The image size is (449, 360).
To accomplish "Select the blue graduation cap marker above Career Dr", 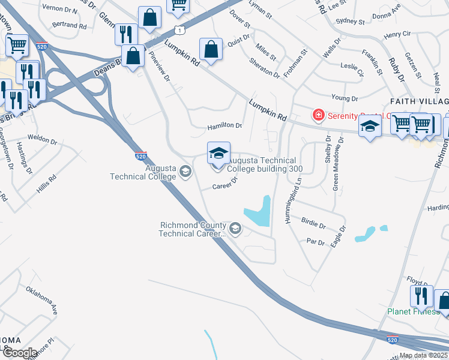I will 218,153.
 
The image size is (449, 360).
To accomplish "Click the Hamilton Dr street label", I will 224,127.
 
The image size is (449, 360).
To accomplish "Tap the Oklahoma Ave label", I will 42,301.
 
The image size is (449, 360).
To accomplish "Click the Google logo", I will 19,353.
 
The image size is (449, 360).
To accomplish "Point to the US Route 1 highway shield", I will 179,29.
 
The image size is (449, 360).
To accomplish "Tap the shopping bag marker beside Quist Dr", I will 211,50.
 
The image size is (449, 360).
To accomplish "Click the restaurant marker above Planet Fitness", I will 421,296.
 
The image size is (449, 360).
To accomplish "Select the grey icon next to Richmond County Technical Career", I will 235,228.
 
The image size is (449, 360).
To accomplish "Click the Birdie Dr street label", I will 313,223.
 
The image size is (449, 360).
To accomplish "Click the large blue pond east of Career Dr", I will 259,213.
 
